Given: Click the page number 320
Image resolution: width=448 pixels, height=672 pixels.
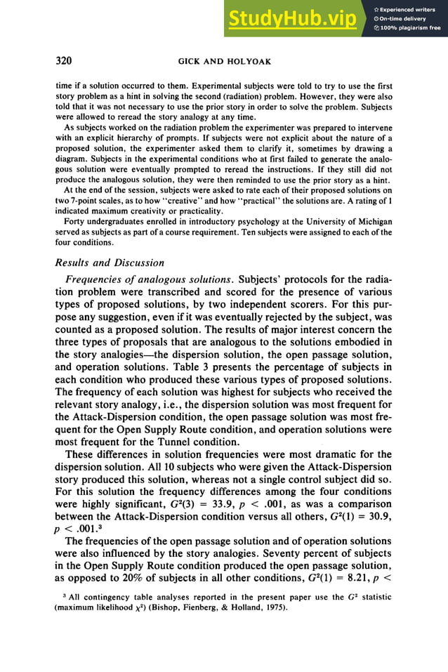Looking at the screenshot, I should point(66,61).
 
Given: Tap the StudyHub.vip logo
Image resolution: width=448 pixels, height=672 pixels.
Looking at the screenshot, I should point(291,20).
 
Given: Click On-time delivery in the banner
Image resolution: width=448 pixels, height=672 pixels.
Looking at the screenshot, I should point(404,19).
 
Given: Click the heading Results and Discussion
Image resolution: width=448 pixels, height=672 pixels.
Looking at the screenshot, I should point(110,263).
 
